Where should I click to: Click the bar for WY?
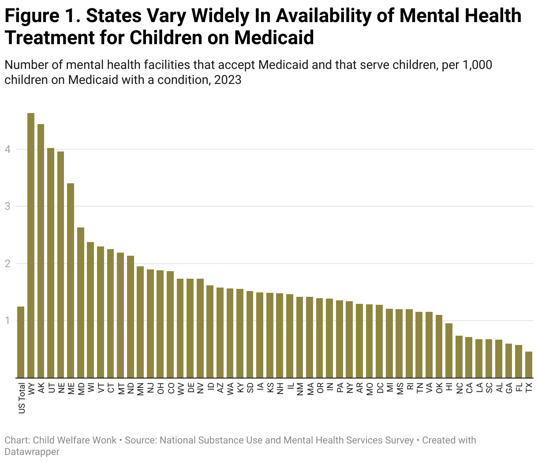pos(31,245)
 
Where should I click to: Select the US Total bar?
pos(21,342)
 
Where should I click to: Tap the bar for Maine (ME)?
pos(71,280)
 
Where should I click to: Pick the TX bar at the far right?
pos(529,365)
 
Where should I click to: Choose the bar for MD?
pos(81,303)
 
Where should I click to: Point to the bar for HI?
pos(449,351)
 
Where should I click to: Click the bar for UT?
pos(51,263)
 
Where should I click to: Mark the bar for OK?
pos(439,346)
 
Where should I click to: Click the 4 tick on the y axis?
pos(7,149)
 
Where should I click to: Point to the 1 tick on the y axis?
pos(7,321)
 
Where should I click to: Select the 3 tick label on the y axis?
pos(7,206)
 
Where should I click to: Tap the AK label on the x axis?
pos(41,388)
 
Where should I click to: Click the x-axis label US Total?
pos(22,398)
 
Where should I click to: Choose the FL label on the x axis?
pos(519,388)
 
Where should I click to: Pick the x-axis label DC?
pos(380,388)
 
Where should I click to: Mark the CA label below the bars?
pos(469,388)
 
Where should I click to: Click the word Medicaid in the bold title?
pos(274,38)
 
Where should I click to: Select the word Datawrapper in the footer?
pos(32,451)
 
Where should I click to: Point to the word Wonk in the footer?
pos(105,440)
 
